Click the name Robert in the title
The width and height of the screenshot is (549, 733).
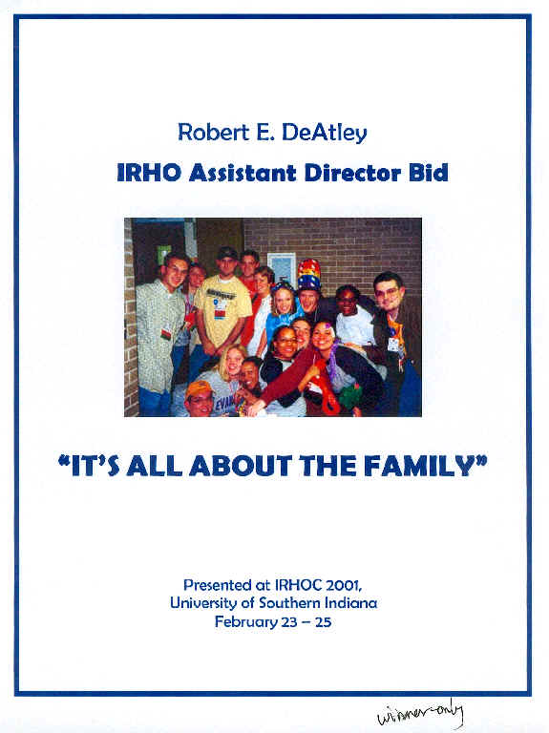coord(213,133)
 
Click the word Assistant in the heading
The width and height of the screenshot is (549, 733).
coord(243,173)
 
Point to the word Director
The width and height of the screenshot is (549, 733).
coord(352,173)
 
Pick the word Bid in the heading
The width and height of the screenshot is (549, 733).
coord(429,173)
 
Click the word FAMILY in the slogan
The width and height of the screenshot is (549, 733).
coord(426,466)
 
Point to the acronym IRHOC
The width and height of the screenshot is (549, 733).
coord(298,585)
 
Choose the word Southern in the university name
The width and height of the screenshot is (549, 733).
coord(289,602)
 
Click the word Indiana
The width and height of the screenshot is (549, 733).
coord(350,602)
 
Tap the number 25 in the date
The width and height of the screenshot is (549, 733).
coord(323,622)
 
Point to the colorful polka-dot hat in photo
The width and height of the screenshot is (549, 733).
coord(309,276)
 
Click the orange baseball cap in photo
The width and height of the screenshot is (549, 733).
coord(199,389)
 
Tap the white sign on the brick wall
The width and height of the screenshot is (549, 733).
coord(282,267)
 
